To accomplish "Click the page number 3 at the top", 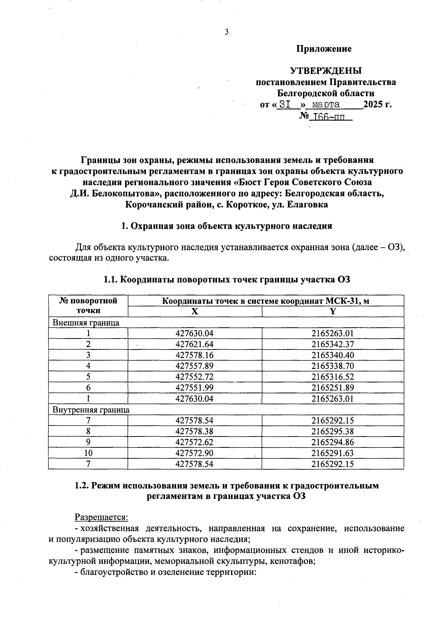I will coord(226,32).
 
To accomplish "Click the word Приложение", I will coord(324,49).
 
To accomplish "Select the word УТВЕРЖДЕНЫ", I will coord(326,71).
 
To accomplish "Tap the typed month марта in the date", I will coord(323,105).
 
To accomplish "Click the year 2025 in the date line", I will coord(374,105).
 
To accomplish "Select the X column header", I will coord(195,311).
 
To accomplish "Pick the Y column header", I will coord(332,311).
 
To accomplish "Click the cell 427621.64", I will coord(195,344).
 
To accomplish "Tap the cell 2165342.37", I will coord(332,344).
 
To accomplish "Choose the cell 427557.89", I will coord(195,366).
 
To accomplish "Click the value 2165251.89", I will coord(332,388).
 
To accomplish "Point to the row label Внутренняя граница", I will coord(91,410).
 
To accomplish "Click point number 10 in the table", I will coord(88,453).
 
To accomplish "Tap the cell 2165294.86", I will coord(332,442).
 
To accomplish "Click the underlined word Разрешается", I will coord(101,517).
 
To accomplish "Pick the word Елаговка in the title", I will coord(308,205).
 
